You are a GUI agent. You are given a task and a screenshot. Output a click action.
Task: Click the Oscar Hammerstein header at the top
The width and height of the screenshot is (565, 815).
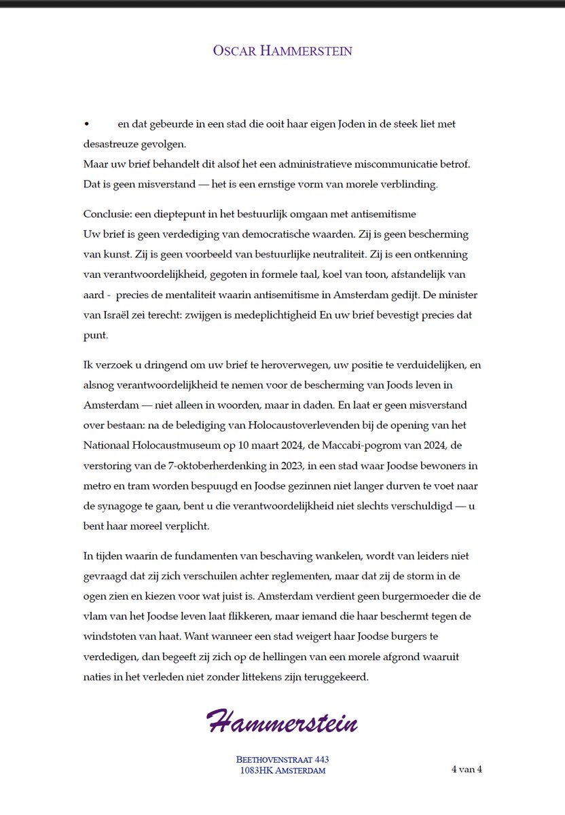pyautogui.click(x=282, y=51)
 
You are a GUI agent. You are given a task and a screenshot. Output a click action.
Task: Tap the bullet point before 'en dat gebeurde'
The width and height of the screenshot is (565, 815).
pyautogui.click(x=86, y=124)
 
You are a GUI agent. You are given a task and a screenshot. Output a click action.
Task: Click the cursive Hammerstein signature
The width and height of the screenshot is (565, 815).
pyautogui.click(x=282, y=722)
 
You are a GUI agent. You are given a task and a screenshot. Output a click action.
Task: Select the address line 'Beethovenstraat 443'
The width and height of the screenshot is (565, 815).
pyautogui.click(x=282, y=759)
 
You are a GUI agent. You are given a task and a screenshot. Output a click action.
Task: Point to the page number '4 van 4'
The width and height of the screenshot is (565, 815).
pyautogui.click(x=467, y=769)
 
